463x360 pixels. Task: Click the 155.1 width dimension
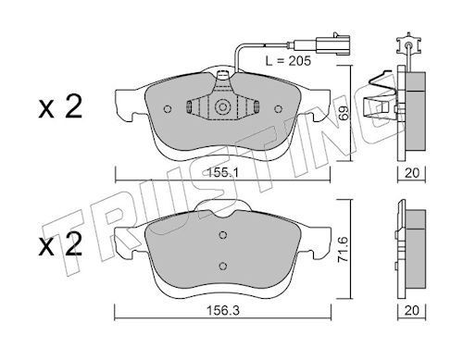click(222, 173)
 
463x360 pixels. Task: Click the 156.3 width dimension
click(223, 311)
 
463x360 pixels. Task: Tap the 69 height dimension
click(344, 113)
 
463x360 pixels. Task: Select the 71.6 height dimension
click(344, 250)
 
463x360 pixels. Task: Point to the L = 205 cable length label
click(288, 61)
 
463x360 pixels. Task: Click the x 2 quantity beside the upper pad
click(60, 106)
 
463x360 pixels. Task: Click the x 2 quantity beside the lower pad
click(60, 244)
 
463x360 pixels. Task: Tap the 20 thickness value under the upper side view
click(412, 173)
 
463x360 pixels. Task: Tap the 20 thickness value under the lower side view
click(412, 310)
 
